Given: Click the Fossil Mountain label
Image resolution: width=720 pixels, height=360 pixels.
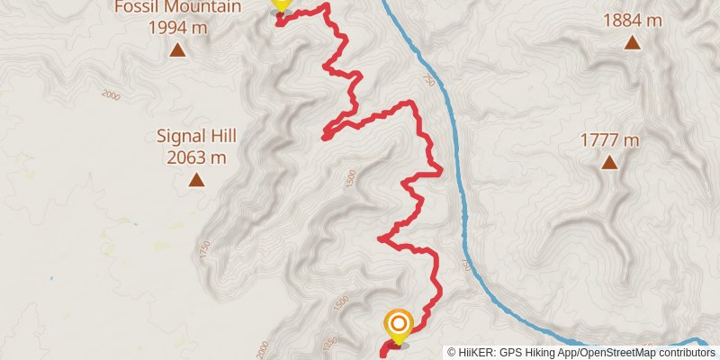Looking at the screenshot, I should click(177, 7).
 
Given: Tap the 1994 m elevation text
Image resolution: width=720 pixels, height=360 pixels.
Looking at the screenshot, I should click(177, 27).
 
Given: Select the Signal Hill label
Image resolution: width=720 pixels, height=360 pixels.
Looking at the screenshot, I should click(195, 137).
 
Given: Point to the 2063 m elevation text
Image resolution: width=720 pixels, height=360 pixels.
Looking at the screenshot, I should click(195, 157).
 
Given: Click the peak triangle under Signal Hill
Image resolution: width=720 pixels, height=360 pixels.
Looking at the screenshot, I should click(195, 180).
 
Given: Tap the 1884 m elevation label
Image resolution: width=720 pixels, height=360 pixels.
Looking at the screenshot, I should click(633, 19).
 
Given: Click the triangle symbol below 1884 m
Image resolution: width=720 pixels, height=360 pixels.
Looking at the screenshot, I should click(633, 42).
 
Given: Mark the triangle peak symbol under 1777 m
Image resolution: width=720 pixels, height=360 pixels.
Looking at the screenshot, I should click(609, 163).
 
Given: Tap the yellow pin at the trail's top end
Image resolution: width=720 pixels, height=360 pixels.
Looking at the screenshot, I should click(281, 4).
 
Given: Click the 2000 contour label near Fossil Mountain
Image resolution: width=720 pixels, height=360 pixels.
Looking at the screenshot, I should click(112, 94).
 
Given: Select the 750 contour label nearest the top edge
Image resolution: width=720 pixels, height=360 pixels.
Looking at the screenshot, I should click(427, 82).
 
